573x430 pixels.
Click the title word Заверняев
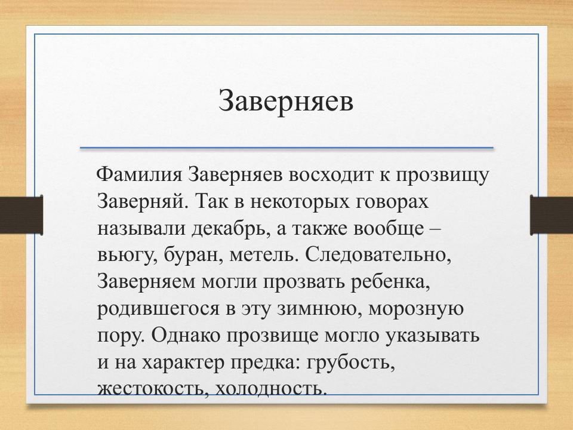286,101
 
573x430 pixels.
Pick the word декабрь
226,228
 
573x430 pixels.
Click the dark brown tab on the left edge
21,215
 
